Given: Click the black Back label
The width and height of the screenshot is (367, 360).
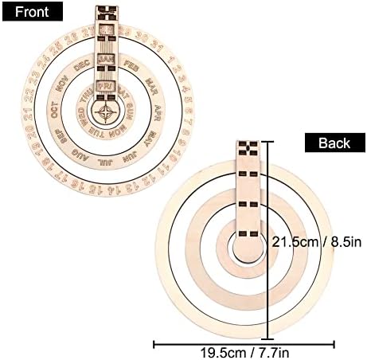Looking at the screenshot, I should (334, 143).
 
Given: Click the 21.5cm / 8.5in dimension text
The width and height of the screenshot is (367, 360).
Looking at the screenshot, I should (316, 241).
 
